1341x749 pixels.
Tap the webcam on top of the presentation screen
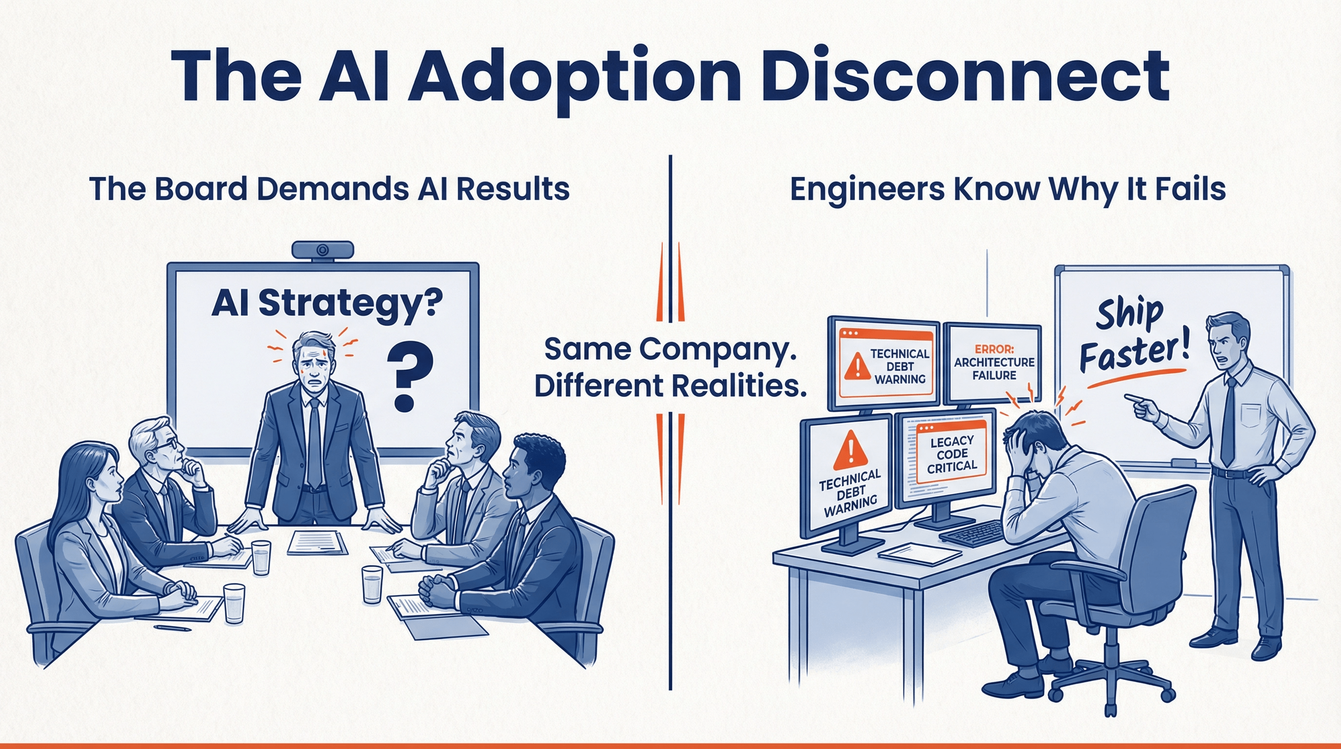point(323,250)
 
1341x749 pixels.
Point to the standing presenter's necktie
point(314,443)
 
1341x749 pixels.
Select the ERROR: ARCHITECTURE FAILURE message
point(994,362)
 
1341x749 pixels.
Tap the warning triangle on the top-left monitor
point(857,366)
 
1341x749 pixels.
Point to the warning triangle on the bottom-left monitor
point(850,451)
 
